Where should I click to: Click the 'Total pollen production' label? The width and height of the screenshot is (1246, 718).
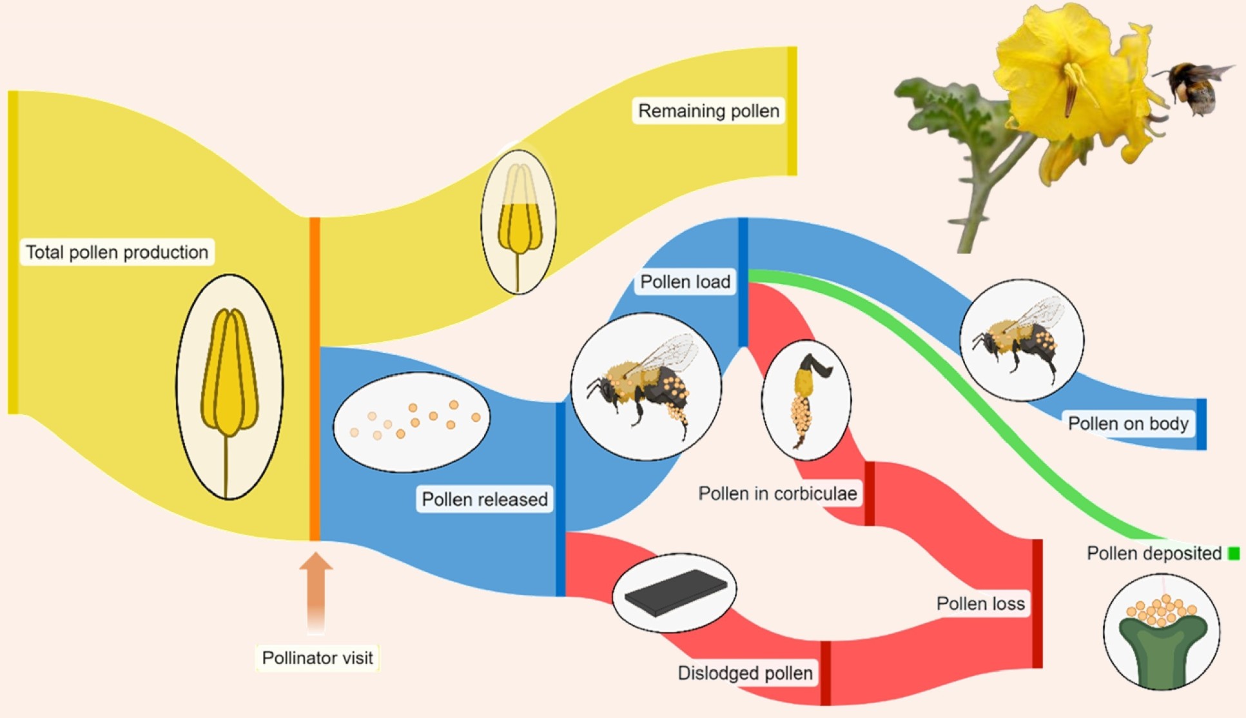117,252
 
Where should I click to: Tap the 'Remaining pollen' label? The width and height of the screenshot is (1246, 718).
708,111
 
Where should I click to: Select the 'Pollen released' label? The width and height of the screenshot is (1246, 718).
484,499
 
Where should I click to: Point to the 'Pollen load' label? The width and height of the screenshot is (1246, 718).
685,282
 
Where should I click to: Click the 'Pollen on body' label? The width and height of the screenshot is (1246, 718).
1128,423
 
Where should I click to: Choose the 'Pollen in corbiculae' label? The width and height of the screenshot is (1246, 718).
777,494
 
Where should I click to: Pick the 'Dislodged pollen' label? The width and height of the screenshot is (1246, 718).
745,673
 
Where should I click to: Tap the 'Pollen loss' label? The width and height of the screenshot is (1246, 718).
980,603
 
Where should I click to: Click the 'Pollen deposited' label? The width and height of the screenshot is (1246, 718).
1154,553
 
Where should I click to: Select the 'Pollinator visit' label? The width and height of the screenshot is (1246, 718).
317,657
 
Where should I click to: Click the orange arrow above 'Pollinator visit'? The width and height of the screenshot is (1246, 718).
316,590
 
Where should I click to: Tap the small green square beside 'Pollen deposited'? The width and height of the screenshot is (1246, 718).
1234,553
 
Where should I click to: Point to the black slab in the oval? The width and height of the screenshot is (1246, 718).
675,592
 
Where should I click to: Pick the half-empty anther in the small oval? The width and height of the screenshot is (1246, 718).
519,223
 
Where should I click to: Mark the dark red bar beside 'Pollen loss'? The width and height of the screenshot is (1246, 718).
1037,603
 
